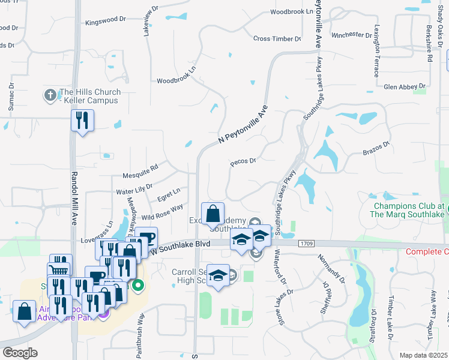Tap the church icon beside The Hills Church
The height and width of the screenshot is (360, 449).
[50, 95]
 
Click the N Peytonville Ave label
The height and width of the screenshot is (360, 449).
[243, 124]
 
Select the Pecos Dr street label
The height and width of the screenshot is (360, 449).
[243, 161]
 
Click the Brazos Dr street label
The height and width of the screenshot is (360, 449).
[376, 148]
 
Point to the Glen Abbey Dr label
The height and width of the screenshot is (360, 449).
[404, 86]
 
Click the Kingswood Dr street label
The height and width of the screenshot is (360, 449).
[106, 20]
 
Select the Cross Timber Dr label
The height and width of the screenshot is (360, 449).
[277, 38]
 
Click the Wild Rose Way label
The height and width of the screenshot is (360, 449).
[162, 212]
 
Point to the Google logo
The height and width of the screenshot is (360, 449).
[20, 353]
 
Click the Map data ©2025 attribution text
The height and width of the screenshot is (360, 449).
[423, 355]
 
